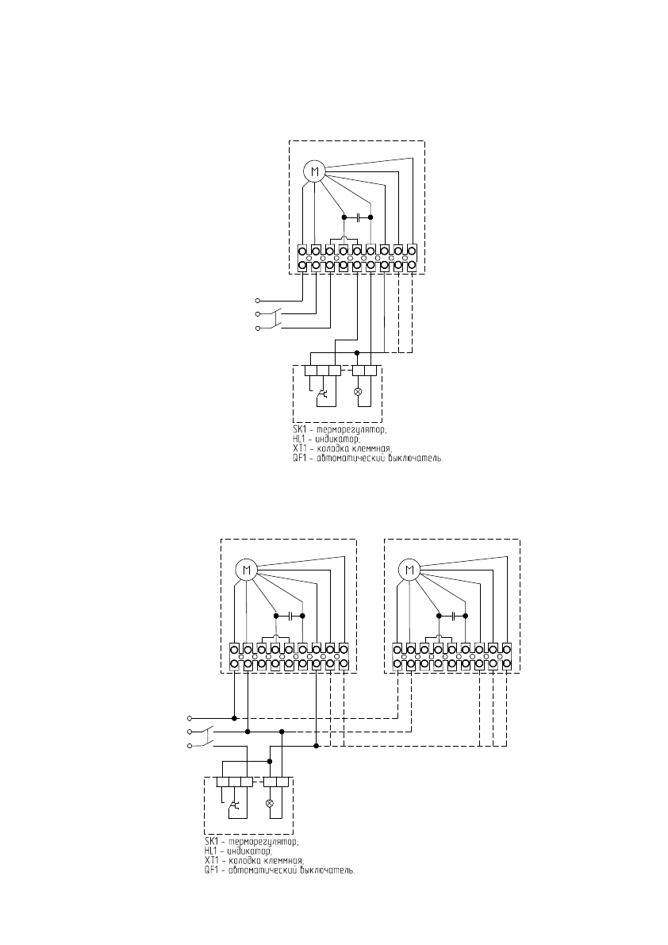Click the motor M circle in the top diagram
(x=315, y=171)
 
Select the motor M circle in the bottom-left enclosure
(x=246, y=569)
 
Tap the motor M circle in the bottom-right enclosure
(x=409, y=569)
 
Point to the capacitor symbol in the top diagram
(x=358, y=217)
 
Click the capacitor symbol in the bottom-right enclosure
(x=452, y=615)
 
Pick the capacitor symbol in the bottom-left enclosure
(x=289, y=615)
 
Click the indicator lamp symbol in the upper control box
(x=357, y=392)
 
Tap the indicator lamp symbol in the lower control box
(x=269, y=803)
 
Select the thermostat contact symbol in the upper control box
(x=323, y=393)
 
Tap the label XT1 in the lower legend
(x=213, y=860)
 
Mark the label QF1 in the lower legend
(x=213, y=870)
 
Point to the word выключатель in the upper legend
(x=413, y=459)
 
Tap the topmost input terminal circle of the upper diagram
(x=257, y=301)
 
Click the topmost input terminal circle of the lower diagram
(x=189, y=717)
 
